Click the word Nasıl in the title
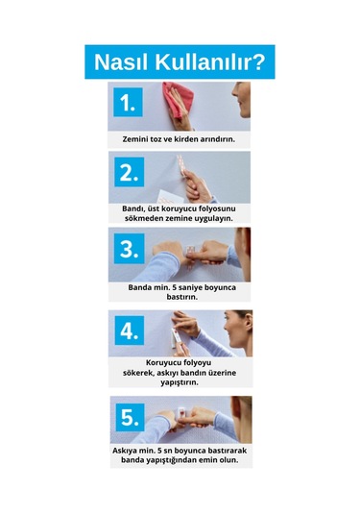122,61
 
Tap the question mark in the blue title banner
259,61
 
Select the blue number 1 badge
128,102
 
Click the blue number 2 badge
129,172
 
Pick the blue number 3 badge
129,249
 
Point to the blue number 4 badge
130,330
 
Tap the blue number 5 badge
130,417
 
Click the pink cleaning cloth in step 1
178,99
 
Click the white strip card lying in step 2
166,196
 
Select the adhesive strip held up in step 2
180,165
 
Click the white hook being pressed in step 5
180,415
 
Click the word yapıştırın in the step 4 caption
180,382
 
